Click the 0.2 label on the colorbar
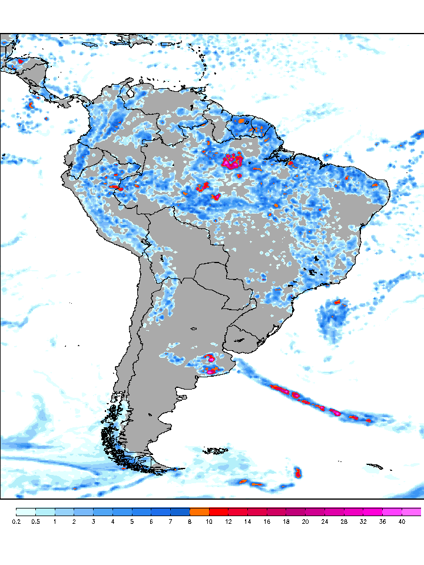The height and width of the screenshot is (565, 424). coord(16,521)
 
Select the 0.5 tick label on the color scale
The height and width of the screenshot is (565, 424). coord(36,521)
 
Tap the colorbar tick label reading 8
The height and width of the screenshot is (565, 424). coord(190,521)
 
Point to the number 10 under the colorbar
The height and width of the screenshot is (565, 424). coord(209,521)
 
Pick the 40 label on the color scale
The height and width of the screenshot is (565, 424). coord(402,521)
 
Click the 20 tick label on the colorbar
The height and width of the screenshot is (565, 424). coord(305,521)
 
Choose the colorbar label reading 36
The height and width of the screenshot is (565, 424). coord(382,521)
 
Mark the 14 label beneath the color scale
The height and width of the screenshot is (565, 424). coord(247,521)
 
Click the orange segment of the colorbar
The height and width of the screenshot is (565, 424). coord(200,511)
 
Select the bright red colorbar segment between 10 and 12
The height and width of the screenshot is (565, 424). coord(218,511)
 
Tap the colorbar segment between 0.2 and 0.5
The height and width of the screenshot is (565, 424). coord(26,511)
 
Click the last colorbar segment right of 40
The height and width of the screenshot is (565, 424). coord(412,511)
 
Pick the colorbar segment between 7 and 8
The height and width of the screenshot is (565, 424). coord(180,511)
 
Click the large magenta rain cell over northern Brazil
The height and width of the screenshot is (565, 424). coord(233,161)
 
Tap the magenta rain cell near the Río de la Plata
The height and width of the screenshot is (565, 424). coord(211,369)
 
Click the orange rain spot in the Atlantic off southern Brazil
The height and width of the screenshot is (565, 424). coord(338,302)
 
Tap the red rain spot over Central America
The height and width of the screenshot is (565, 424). coord(21,60)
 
